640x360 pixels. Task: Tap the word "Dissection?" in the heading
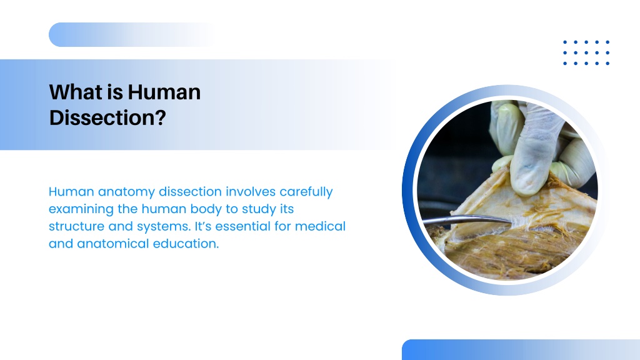click(107, 117)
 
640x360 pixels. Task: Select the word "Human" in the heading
click(164, 92)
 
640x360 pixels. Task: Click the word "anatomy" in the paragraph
click(126, 192)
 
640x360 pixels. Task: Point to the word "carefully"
click(306, 192)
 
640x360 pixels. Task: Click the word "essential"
click(242, 226)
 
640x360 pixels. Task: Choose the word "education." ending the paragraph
click(186, 244)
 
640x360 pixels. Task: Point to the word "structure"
click(76, 226)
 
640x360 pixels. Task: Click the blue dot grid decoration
click(586, 52)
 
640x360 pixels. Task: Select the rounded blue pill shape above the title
click(131, 35)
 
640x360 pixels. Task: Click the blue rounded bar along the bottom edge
click(521, 350)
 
